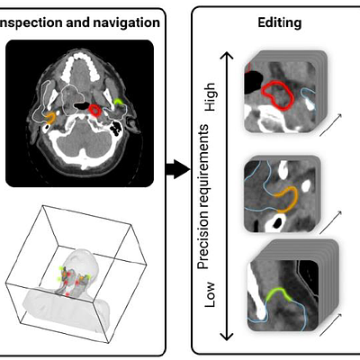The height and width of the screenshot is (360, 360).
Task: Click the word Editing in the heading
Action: (x=280, y=23)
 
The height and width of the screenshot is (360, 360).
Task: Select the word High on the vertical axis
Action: (x=210, y=97)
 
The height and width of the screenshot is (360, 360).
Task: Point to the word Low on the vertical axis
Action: (x=210, y=294)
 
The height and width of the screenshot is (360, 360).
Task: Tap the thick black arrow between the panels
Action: (x=178, y=169)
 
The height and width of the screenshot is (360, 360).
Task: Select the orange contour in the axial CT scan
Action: (x=52, y=118)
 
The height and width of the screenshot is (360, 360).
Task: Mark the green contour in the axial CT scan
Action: (x=119, y=102)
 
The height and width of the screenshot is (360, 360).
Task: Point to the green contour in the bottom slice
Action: (x=278, y=290)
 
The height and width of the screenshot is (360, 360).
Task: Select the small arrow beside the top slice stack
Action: (x=330, y=125)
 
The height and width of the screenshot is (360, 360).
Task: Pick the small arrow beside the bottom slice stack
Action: (x=330, y=325)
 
